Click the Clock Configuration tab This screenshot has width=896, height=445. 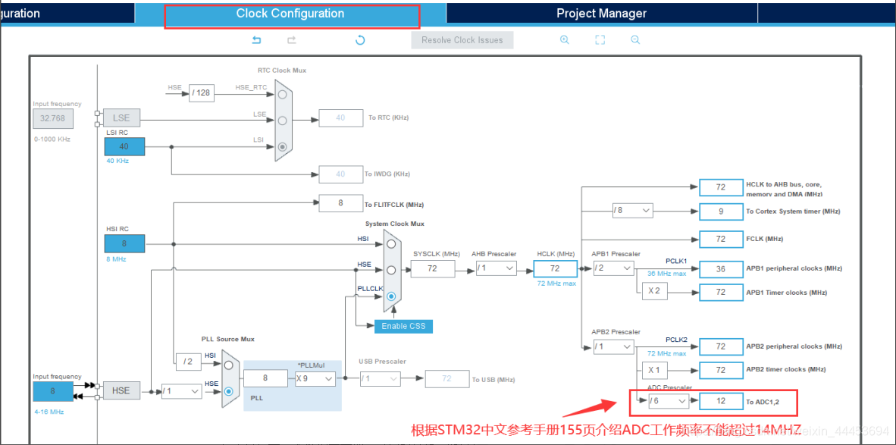(x=290, y=14)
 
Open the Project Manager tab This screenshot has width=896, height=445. (x=601, y=14)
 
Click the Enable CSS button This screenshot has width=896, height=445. (x=403, y=326)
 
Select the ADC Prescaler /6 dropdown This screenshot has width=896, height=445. (x=669, y=400)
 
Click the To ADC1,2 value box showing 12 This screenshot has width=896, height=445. (x=721, y=400)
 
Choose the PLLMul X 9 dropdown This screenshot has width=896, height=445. (x=315, y=378)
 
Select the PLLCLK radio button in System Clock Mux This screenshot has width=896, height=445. (x=391, y=296)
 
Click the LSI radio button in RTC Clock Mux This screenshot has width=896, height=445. (x=283, y=146)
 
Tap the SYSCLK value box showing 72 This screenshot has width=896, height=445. (x=433, y=268)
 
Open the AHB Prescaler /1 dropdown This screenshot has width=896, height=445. (x=497, y=268)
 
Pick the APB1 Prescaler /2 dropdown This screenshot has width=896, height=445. (x=612, y=268)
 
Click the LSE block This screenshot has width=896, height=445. (x=121, y=118)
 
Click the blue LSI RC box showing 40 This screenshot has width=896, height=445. (x=124, y=146)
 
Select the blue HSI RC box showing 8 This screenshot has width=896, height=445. (x=124, y=243)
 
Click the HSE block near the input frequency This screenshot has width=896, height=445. (x=121, y=390)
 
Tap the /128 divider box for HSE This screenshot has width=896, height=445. (x=201, y=93)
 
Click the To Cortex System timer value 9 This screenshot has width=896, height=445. (x=721, y=211)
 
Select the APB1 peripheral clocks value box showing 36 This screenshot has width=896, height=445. (x=721, y=268)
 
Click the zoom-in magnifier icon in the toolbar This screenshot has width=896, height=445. (x=565, y=40)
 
